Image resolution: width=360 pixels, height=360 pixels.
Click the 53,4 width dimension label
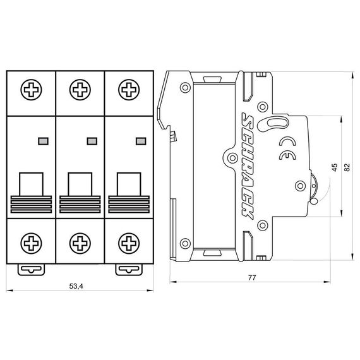tap(76, 286)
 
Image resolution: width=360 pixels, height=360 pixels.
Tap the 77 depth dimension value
tap(251, 277)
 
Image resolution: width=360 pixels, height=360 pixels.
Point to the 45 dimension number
tap(335, 167)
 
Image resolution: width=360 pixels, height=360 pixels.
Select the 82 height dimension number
tap(347, 167)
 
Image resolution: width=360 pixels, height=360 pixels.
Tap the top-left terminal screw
tap(31, 90)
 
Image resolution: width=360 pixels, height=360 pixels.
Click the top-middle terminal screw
tap(80, 90)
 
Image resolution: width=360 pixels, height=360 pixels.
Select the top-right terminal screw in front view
tap(129, 90)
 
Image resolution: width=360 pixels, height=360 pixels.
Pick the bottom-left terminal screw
tap(31, 243)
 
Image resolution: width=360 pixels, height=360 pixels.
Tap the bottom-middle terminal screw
tap(80, 243)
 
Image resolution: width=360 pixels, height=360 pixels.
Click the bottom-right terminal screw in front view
tap(129, 243)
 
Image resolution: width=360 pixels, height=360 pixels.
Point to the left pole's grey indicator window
tap(43, 141)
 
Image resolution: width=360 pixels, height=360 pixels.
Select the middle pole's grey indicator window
tap(92, 141)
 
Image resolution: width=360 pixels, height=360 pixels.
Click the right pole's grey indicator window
tap(141, 141)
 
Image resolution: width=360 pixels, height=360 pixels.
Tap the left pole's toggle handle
tap(31, 193)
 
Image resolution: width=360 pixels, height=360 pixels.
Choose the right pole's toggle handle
tap(129, 193)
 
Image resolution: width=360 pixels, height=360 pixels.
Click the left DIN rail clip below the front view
tap(31, 270)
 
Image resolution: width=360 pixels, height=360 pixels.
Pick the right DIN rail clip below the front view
tap(129, 270)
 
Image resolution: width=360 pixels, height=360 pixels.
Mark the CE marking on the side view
tap(287, 148)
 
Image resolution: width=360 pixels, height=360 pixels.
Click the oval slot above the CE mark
tap(277, 122)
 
